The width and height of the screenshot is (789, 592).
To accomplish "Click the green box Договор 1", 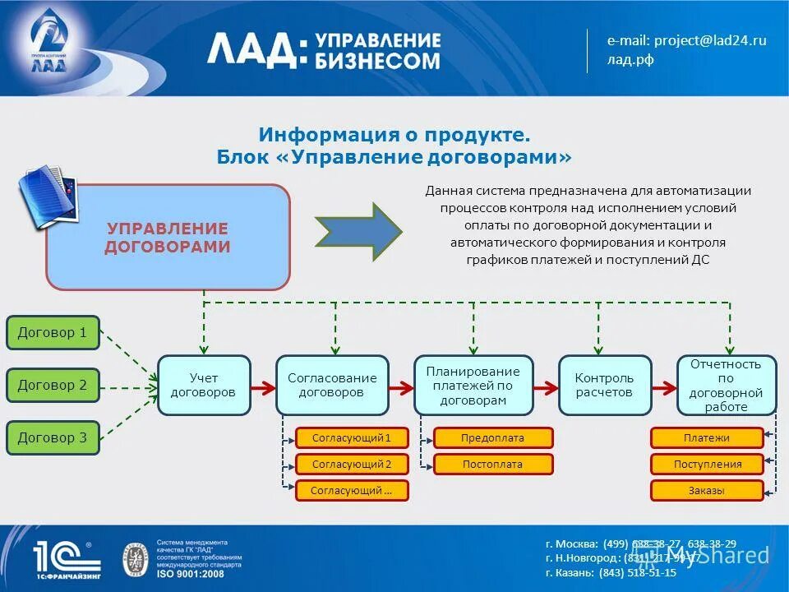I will [53, 333].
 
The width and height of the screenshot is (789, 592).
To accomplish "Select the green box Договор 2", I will [53, 386].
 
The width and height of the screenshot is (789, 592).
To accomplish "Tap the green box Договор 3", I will [53, 437].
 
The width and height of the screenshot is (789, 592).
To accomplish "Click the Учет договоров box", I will [203, 385].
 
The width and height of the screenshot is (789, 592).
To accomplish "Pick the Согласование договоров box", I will [332, 385].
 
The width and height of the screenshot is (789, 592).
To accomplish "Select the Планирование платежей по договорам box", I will [473, 385].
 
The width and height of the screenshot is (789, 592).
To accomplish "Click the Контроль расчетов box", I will [604, 385].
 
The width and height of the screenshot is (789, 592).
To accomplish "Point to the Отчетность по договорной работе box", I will [726, 385].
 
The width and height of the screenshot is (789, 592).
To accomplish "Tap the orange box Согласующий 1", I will [352, 438].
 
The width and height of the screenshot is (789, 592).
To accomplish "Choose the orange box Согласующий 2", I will [352, 465].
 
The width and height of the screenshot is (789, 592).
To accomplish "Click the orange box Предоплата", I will [492, 438].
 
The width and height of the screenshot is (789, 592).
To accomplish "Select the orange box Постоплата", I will [492, 465].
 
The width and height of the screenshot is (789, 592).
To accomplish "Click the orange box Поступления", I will [707, 465].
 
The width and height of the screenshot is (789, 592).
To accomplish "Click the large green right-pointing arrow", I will [358, 231].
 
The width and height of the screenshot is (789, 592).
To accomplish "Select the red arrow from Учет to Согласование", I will [263, 386].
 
